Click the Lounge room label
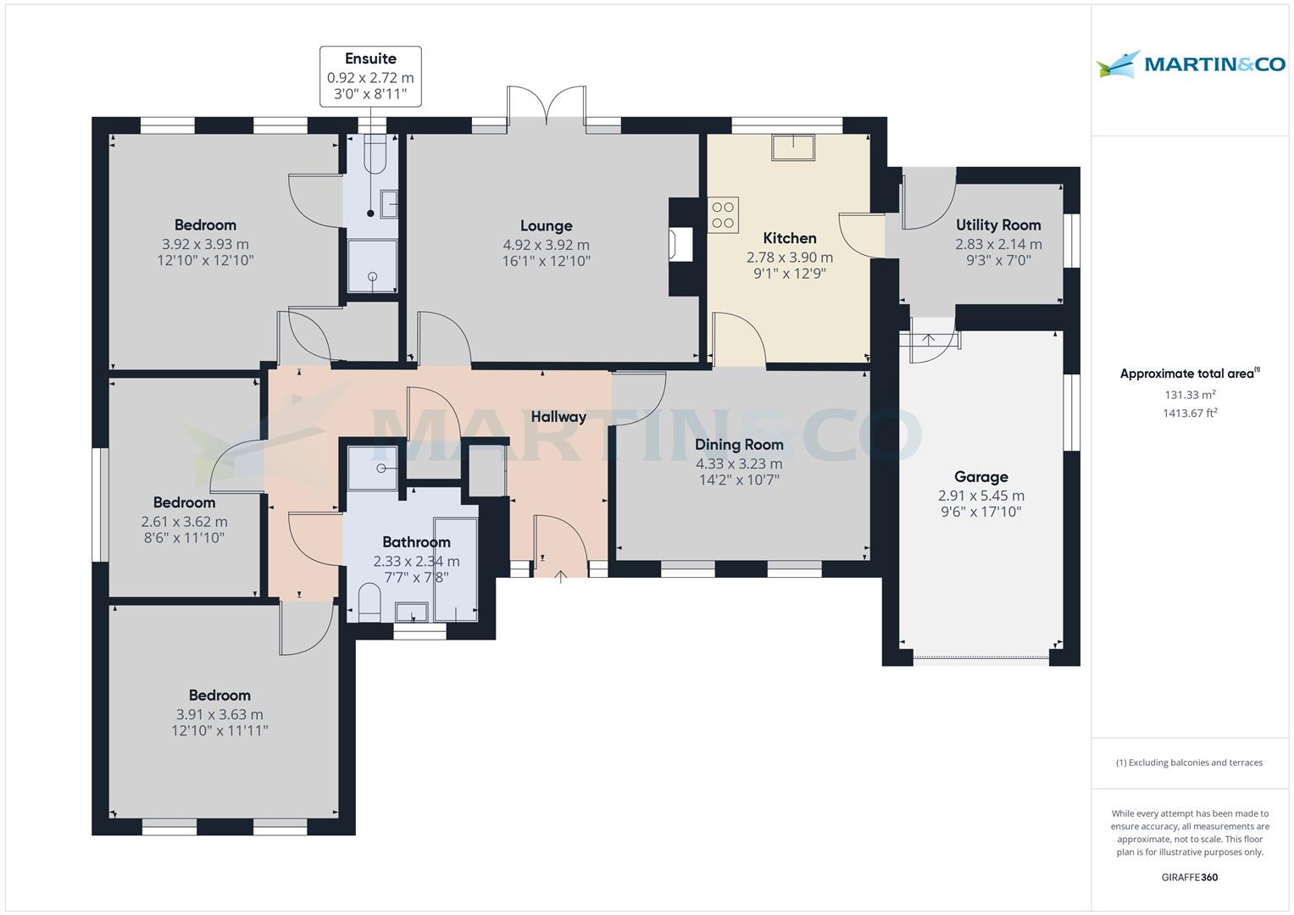pos(546,225)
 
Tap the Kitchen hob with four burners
pos(723,214)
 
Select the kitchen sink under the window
pos(792,147)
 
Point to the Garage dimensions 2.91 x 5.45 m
pos(980,496)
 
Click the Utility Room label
pos(998,225)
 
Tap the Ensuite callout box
pos(370,76)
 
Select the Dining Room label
pos(739,444)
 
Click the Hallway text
pos(558,416)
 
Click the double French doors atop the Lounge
pos(547,108)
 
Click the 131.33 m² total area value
pos(1190,394)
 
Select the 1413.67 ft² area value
pos(1190,413)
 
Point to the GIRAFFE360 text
pos(1189,877)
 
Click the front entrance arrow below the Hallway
pos(560,578)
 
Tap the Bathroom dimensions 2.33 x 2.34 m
pos(416,561)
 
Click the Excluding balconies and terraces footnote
pos(1189,762)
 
